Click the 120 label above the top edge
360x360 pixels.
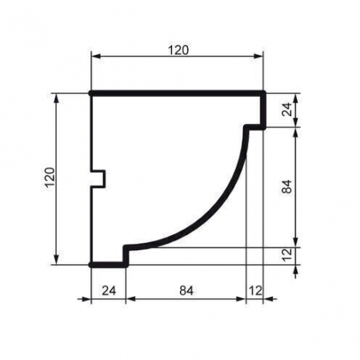(178, 50)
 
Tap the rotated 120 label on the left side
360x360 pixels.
(48, 178)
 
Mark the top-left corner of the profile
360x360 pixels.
(91, 94)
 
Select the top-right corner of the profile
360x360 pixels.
(264, 94)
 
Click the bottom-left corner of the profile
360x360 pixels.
(91, 263)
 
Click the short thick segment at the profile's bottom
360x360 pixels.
(108, 263)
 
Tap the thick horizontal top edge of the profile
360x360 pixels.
(178, 94)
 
